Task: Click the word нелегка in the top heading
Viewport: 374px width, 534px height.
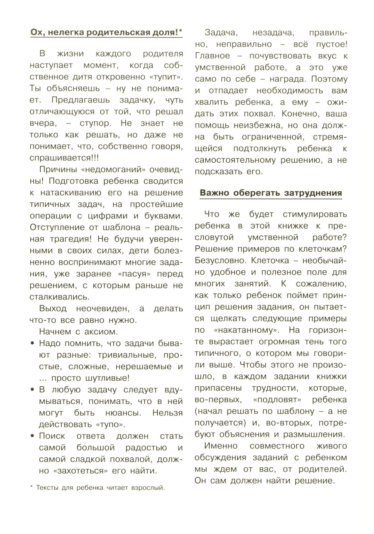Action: pos(64,33)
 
